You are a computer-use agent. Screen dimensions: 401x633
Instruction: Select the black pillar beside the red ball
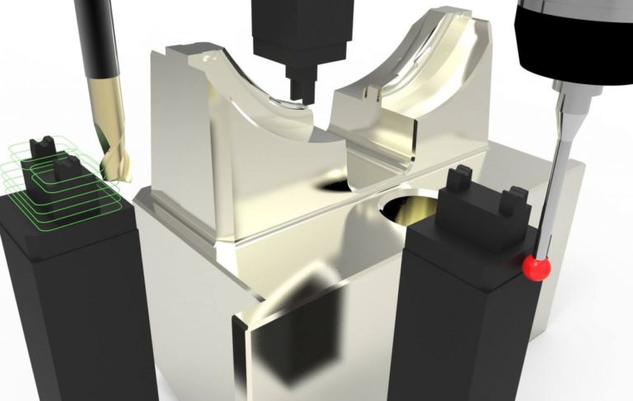(462, 322)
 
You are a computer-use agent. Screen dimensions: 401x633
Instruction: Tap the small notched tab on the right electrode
(513, 199)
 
